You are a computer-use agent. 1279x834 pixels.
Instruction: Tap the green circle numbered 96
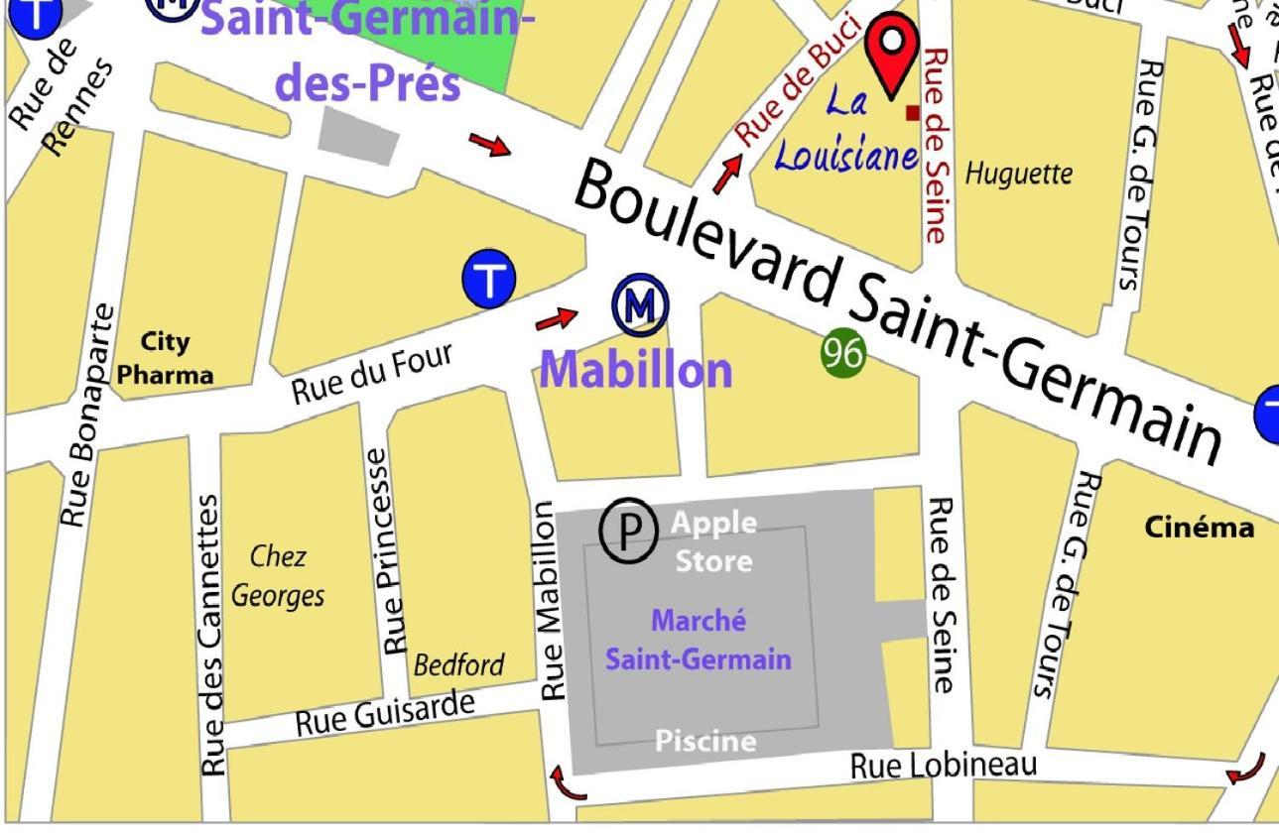(x=843, y=354)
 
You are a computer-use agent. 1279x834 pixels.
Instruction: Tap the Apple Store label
(x=713, y=541)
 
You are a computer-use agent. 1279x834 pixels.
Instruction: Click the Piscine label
(x=705, y=741)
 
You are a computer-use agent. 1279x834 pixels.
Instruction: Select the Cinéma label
(x=1199, y=528)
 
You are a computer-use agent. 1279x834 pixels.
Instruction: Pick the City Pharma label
(x=166, y=358)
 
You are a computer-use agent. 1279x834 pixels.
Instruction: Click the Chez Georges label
(x=277, y=576)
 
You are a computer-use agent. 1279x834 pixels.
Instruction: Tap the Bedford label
(x=458, y=664)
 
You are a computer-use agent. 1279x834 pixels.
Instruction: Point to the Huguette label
(x=1019, y=175)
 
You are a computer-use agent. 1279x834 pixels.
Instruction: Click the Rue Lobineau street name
(x=944, y=765)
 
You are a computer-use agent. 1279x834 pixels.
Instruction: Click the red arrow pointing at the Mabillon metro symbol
(x=556, y=319)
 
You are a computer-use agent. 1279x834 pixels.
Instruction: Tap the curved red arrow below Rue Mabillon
(x=568, y=781)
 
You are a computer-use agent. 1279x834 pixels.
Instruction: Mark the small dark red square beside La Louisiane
(x=912, y=113)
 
